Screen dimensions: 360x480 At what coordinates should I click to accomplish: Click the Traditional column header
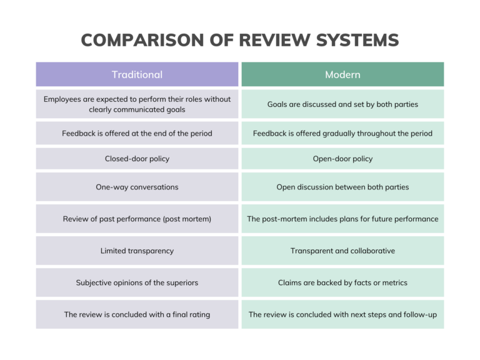tap(137, 74)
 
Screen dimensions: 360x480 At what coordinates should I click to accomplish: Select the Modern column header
tap(342, 74)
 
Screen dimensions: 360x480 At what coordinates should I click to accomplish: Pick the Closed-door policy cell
tap(137, 159)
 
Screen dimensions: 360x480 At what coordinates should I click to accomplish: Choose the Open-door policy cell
tap(342, 159)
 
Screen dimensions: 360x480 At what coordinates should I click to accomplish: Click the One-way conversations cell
tap(137, 187)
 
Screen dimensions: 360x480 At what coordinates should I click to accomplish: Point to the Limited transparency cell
tap(137, 251)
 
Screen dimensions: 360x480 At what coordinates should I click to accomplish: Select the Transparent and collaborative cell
tap(342, 251)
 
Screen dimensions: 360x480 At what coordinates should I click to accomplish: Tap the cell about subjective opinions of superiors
tap(137, 282)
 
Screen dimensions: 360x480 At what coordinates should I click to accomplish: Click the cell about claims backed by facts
tap(342, 282)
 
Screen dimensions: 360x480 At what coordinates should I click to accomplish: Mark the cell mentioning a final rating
tap(137, 314)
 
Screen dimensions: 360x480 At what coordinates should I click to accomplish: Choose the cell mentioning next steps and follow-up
tap(342, 314)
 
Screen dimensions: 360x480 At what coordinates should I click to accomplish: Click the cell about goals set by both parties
tap(342, 104)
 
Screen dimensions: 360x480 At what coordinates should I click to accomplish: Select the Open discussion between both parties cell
tap(342, 187)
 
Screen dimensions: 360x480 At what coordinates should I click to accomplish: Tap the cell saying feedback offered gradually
tap(342, 133)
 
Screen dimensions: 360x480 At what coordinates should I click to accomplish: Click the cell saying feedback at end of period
tap(137, 133)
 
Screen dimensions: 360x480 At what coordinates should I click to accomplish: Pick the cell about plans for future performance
tap(342, 219)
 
